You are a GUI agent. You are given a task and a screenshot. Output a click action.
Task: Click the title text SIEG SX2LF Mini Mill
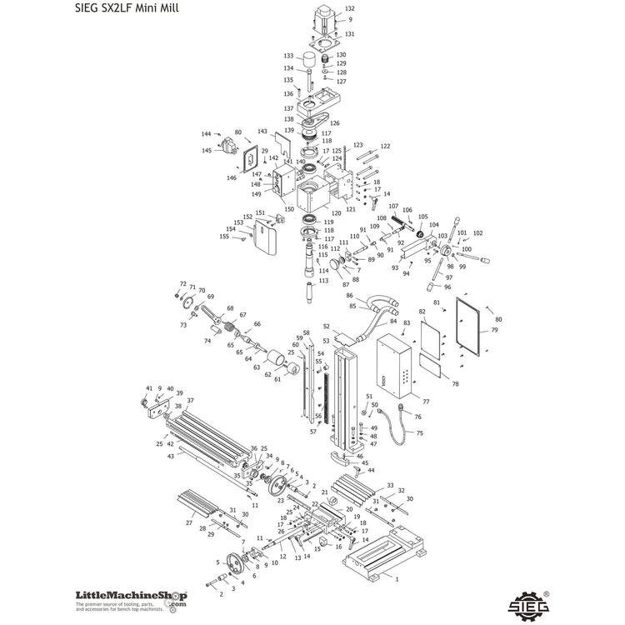[x=119, y=8]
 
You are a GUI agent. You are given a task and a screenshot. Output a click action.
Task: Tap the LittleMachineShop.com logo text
[x=131, y=597]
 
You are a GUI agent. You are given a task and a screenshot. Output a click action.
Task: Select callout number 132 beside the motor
[x=349, y=9]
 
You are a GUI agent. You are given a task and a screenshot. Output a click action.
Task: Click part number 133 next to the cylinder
[x=287, y=56]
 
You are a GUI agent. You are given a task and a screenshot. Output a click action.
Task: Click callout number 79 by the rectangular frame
[x=494, y=330]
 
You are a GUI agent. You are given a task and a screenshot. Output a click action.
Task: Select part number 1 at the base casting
[x=397, y=577]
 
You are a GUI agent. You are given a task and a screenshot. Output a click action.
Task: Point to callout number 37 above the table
[x=190, y=401]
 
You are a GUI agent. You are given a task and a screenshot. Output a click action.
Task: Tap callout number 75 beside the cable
[x=420, y=433]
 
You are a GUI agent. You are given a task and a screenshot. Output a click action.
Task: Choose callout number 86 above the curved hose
[x=350, y=296]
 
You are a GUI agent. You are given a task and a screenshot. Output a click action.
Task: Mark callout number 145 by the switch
[x=206, y=151]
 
